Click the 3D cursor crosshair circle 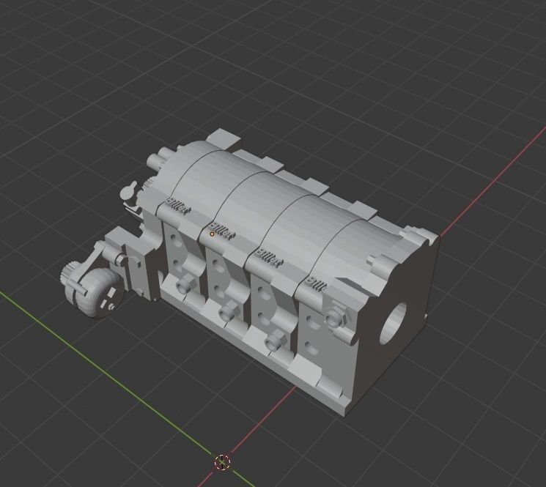[x=223, y=462]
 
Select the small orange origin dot [x=212, y=234]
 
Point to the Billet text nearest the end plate [x=317, y=286]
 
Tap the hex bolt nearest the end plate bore [x=336, y=317]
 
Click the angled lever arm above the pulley [x=93, y=258]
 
